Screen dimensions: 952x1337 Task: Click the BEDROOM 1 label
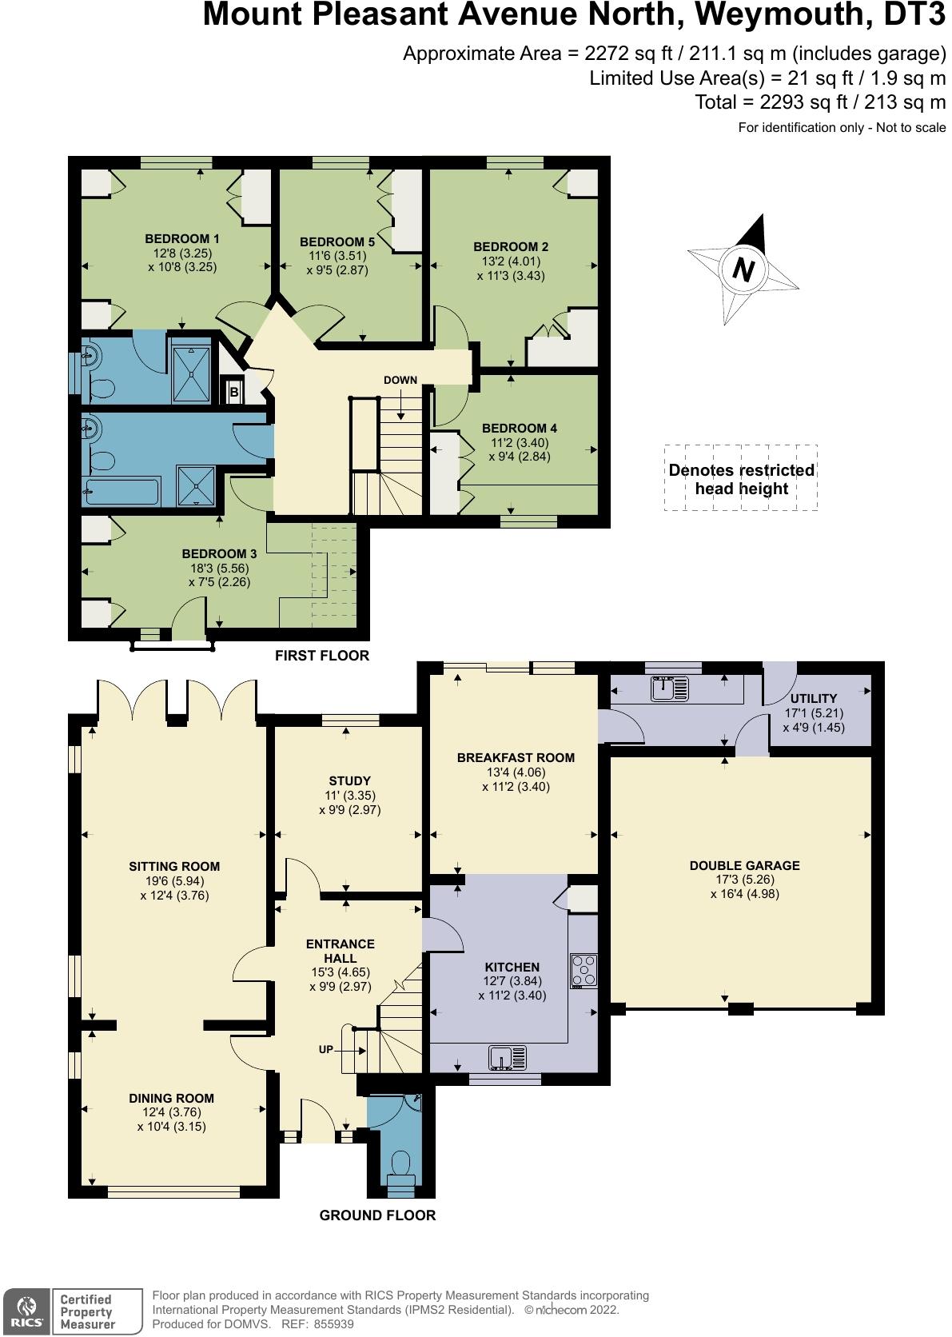[182, 239]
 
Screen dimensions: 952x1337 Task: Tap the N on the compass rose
[743, 269]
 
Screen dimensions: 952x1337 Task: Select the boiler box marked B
[234, 392]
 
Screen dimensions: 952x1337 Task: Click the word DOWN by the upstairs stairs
[400, 380]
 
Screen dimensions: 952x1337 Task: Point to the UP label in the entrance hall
[325, 1049]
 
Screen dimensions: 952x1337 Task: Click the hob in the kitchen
[584, 971]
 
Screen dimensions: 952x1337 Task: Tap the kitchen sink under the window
[508, 1058]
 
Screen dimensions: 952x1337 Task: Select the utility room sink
[669, 688]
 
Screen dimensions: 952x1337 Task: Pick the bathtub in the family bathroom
[123, 491]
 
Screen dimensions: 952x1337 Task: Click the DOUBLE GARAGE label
[744, 865]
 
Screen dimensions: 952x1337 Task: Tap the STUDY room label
[349, 780]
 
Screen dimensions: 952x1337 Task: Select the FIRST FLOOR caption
[322, 656]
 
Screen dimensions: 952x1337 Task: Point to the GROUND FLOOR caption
[377, 1215]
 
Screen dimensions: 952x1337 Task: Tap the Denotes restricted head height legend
[742, 479]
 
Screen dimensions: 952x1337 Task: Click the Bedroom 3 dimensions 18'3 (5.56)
[220, 569]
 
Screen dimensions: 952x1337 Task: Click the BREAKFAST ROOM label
[516, 757]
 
